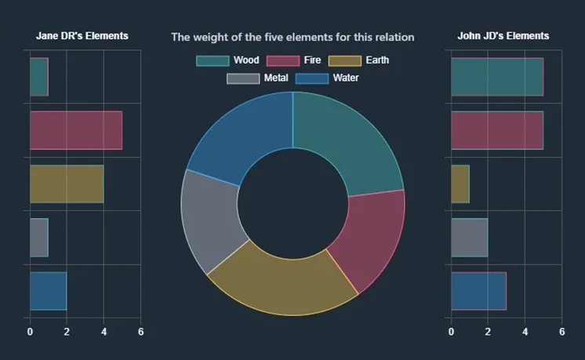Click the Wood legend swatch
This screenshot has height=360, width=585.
tap(213, 60)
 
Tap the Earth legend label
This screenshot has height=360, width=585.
tap(376, 60)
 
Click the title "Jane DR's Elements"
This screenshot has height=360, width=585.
tap(82, 36)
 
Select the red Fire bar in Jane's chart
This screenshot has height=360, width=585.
tap(76, 130)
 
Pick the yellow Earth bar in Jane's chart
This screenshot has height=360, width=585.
tap(67, 184)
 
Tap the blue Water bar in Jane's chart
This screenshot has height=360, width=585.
tap(48, 290)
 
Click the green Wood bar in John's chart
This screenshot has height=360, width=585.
tap(497, 77)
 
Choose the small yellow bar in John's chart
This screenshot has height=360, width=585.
tap(460, 184)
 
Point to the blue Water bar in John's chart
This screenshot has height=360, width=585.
tap(478, 290)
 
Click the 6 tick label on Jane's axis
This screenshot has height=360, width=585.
tap(140, 332)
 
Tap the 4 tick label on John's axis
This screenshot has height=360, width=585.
tap(525, 332)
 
